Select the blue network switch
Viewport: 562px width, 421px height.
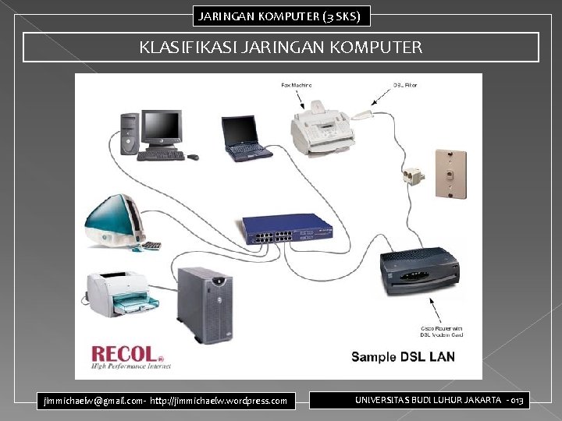(x=286, y=228)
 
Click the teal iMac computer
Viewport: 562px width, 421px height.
(x=114, y=222)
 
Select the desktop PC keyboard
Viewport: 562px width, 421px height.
(x=161, y=155)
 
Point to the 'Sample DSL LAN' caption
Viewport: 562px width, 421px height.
(x=403, y=357)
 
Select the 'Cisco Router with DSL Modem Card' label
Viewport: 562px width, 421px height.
(x=443, y=331)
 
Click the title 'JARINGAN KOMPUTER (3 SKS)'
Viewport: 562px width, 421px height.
(x=280, y=16)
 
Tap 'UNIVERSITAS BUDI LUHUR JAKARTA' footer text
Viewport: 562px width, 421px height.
(x=429, y=400)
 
